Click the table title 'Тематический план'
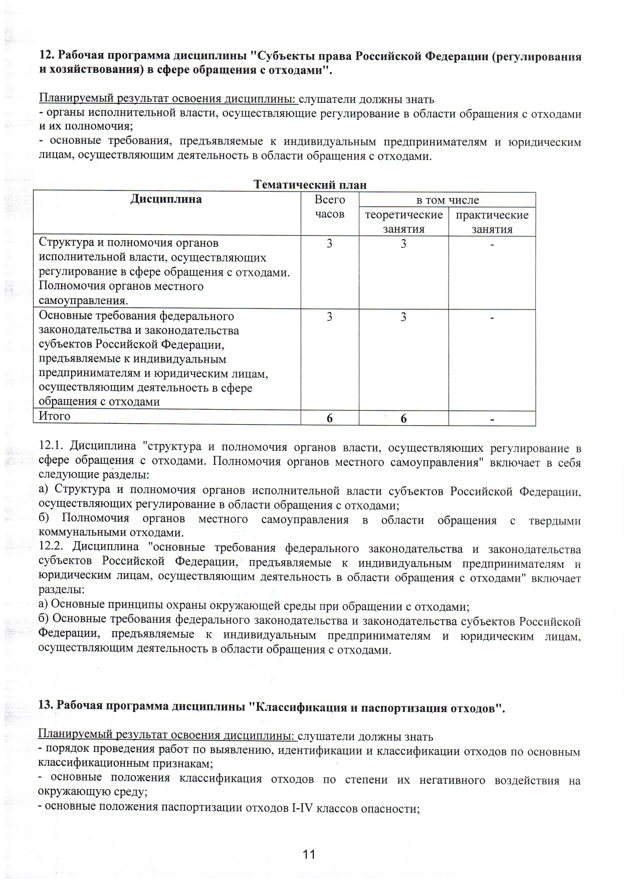click(x=310, y=185)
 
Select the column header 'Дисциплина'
click(x=166, y=200)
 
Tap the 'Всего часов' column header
click(x=329, y=207)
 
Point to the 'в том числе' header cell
click(x=448, y=200)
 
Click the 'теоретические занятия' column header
click(x=403, y=222)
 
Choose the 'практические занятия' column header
click(x=492, y=222)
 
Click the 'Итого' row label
click(x=55, y=416)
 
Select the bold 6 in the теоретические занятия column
click(x=403, y=419)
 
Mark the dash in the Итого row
click(x=492, y=419)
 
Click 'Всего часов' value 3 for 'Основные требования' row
click(x=329, y=317)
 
